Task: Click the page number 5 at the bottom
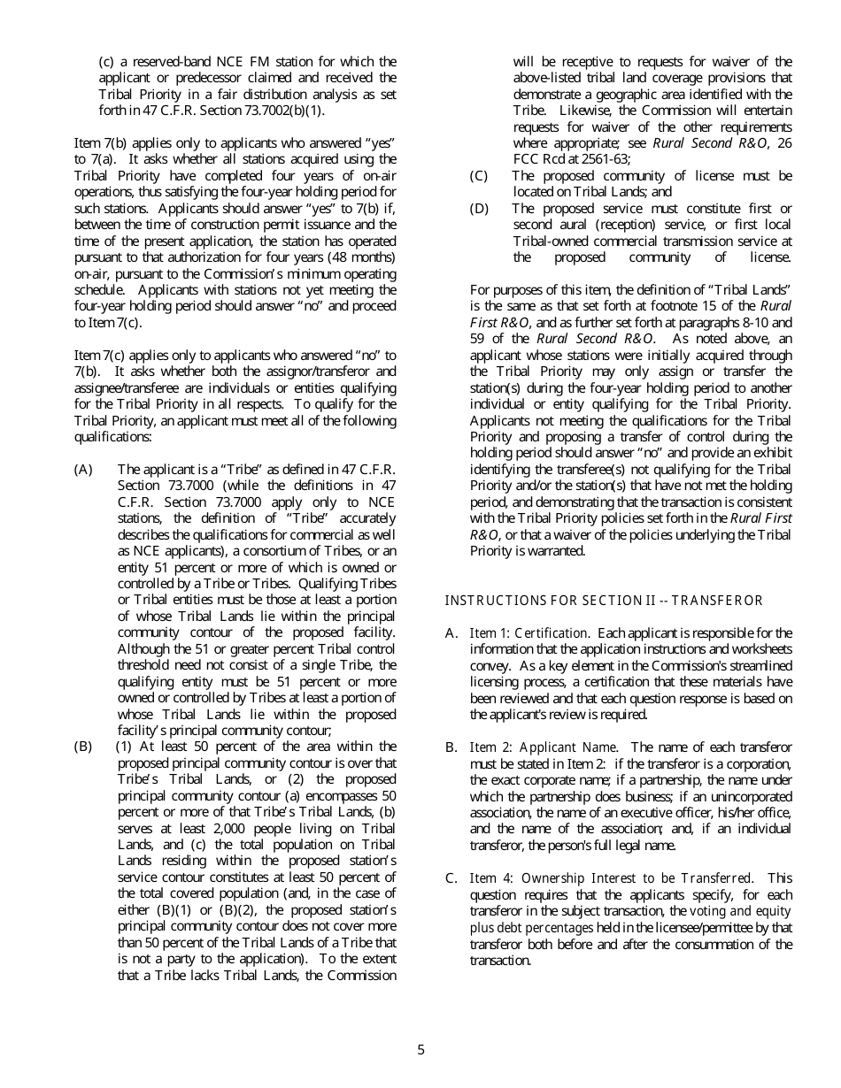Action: tap(420, 1051)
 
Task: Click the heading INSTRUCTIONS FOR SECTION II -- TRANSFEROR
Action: tap(603, 601)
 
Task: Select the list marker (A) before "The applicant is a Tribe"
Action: tap(83, 470)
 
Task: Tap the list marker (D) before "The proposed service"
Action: tap(479, 209)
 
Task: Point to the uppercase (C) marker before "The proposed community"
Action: tap(479, 175)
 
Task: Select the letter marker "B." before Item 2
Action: tap(451, 747)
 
